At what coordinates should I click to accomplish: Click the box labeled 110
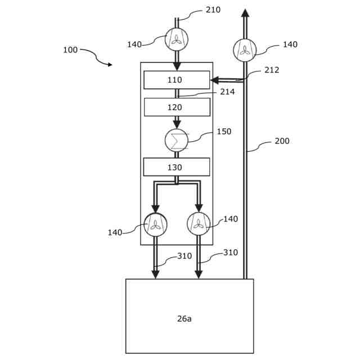(x=176, y=80)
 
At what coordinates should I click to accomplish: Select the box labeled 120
(x=177, y=107)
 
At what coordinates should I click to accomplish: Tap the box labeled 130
(x=176, y=167)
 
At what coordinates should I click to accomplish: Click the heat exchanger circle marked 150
(x=177, y=140)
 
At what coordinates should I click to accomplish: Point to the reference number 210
(x=213, y=10)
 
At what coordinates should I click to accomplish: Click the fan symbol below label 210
(x=177, y=39)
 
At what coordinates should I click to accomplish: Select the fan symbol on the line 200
(x=245, y=50)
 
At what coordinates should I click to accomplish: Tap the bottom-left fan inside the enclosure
(x=155, y=224)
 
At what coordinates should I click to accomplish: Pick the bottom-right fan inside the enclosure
(x=199, y=224)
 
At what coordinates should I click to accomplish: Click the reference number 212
(x=272, y=70)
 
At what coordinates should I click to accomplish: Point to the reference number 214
(x=227, y=92)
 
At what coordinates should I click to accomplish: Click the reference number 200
(x=282, y=141)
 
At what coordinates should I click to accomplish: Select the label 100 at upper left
(x=70, y=50)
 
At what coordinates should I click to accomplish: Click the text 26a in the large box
(x=184, y=318)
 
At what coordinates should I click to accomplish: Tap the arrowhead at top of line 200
(x=245, y=13)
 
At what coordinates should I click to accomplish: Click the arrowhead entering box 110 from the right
(x=214, y=80)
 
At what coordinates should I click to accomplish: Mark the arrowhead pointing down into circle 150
(x=177, y=124)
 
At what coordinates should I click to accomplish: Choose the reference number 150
(x=224, y=132)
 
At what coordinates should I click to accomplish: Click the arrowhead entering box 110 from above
(x=177, y=66)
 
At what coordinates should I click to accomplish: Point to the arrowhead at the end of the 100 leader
(x=110, y=65)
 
